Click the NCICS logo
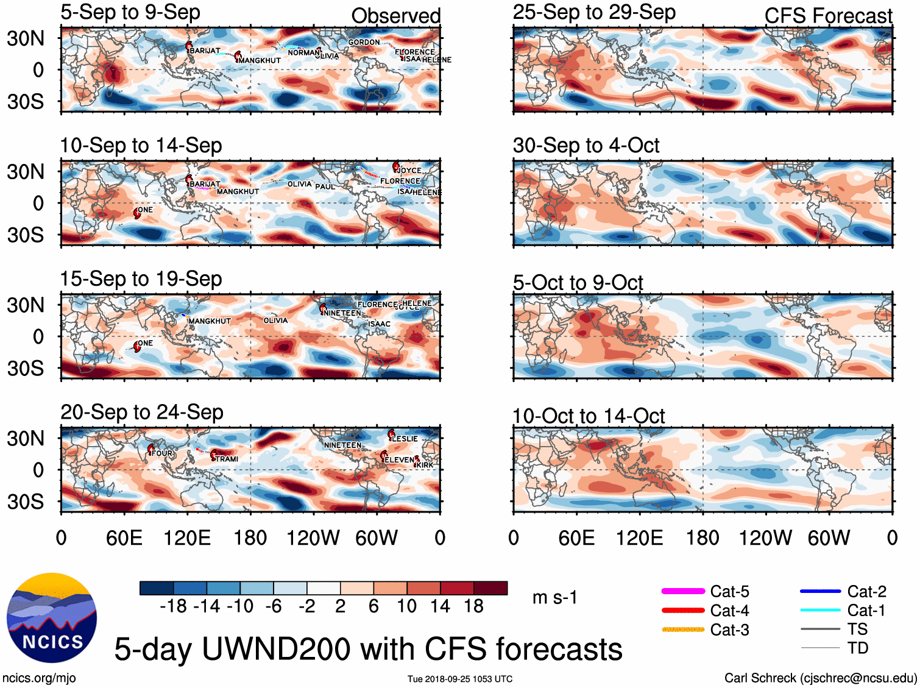(x=52, y=618)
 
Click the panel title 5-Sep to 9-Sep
(x=130, y=12)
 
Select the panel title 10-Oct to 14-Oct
(x=589, y=416)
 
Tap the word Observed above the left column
(x=395, y=16)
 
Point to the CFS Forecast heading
(x=828, y=16)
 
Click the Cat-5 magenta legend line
(x=683, y=591)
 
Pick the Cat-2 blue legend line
(x=820, y=591)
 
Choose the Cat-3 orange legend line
(x=683, y=629)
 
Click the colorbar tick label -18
(x=173, y=606)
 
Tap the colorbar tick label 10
(x=406, y=606)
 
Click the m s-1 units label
(x=554, y=598)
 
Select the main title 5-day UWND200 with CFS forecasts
(x=368, y=649)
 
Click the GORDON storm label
(x=364, y=43)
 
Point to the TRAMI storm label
(x=227, y=459)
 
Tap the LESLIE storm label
(x=405, y=439)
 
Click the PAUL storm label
(x=325, y=186)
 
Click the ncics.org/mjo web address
(x=39, y=678)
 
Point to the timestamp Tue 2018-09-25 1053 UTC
(x=460, y=679)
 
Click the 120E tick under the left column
(x=187, y=538)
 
